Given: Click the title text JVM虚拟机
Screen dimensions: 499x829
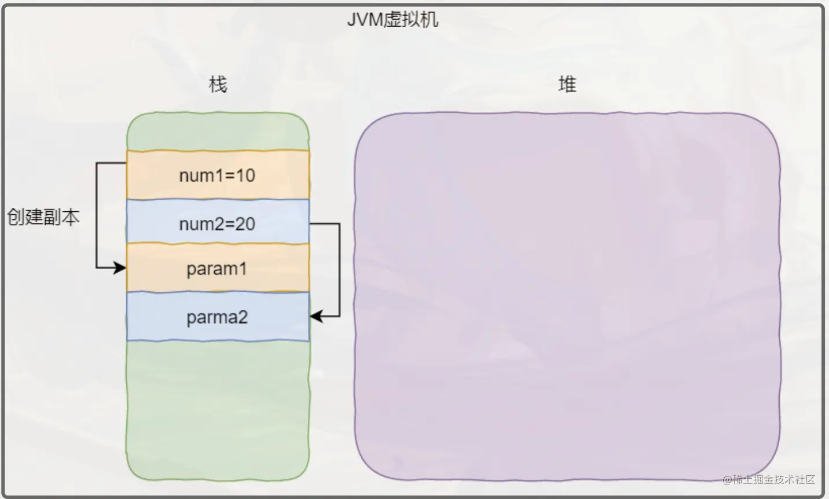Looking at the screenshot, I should tap(393, 20).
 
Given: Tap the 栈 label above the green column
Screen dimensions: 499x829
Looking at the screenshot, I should tap(218, 85).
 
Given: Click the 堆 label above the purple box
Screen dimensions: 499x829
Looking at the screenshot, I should tap(567, 85).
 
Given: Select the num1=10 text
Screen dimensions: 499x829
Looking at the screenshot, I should tap(217, 175).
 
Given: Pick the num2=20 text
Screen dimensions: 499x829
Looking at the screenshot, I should tap(217, 224).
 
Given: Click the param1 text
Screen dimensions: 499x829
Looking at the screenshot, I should tap(217, 269).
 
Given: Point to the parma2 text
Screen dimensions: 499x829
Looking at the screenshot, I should tap(217, 317).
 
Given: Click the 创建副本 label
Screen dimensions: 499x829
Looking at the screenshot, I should tap(43, 217).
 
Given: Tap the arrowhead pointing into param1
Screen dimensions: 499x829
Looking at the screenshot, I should tap(120, 268).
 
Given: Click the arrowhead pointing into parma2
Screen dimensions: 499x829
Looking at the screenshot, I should tap(316, 317).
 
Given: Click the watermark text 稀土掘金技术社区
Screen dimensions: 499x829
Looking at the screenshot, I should tap(773, 480).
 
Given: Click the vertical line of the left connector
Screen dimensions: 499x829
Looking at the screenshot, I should tap(96, 215).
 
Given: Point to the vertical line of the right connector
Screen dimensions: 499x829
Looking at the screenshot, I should tap(340, 270).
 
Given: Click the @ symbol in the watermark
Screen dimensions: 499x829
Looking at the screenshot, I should tap(727, 480).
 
